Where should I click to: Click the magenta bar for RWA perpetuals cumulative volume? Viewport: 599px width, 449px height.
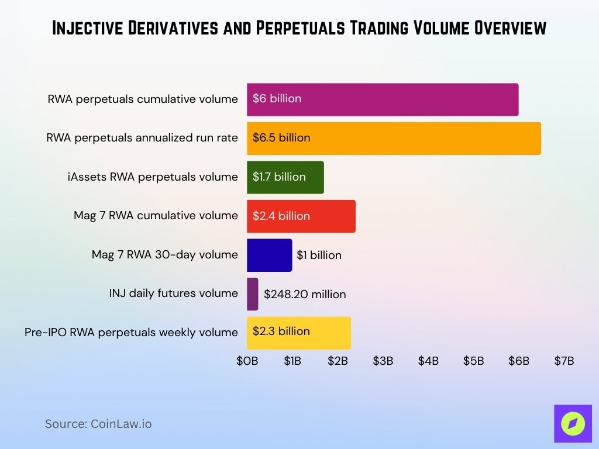click(382, 99)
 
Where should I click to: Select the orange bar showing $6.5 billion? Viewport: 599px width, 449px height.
click(393, 139)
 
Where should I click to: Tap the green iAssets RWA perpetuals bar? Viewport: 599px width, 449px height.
click(285, 177)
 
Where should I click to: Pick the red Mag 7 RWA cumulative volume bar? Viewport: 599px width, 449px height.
click(301, 216)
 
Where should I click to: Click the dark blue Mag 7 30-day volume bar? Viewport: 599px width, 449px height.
click(269, 255)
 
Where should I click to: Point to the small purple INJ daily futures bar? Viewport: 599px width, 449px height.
click(252, 293)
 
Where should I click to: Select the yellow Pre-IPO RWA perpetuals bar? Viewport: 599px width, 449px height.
click(298, 333)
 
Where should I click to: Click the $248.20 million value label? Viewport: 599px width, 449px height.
click(305, 294)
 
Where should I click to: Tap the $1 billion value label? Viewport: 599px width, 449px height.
click(319, 255)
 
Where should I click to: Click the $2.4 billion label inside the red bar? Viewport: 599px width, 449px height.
click(281, 216)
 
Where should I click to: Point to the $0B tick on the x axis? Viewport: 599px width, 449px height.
click(247, 361)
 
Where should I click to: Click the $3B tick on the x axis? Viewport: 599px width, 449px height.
click(383, 361)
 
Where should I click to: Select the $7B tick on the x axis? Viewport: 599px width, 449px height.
click(564, 361)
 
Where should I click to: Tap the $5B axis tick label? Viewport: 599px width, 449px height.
click(473, 361)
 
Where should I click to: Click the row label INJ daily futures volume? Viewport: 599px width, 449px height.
click(174, 293)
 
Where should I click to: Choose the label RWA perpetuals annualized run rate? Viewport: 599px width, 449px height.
click(142, 138)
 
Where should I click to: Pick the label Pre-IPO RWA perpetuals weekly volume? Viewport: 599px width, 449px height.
click(131, 332)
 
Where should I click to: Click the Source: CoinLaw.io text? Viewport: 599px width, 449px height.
click(98, 424)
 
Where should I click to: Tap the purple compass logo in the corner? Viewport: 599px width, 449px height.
click(573, 424)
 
